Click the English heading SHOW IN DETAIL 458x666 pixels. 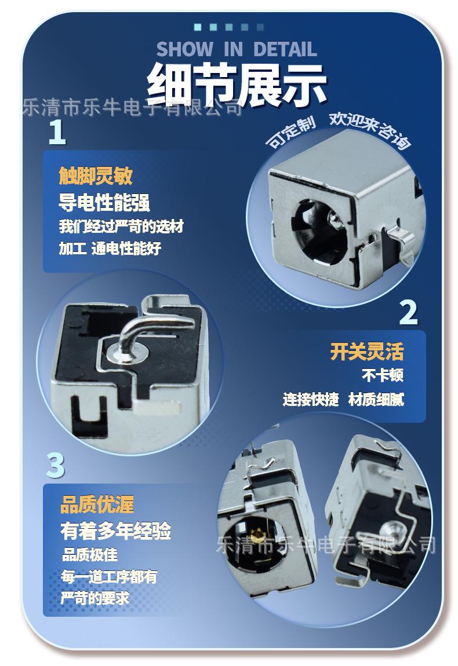(x=237, y=49)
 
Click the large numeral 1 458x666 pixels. (x=57, y=131)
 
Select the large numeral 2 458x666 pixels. (x=409, y=312)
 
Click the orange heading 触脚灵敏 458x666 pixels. (x=96, y=175)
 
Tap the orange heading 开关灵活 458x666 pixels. (x=366, y=352)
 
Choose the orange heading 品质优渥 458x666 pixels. (x=97, y=504)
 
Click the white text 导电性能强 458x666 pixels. (x=104, y=203)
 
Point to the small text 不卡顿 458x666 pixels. (x=382, y=375)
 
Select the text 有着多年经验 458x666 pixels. (x=115, y=530)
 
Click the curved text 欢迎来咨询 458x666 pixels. (x=370, y=129)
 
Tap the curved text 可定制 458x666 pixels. (x=291, y=131)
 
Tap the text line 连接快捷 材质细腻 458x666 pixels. (x=343, y=399)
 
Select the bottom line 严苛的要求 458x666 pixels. (x=94, y=598)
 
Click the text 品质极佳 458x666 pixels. (x=89, y=555)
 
